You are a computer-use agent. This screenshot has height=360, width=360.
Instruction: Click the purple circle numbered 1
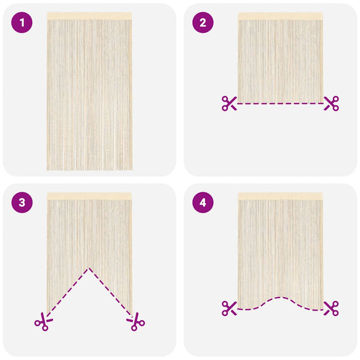pyautogui.click(x=22, y=23)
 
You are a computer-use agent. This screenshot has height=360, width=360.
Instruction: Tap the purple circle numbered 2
pyautogui.click(x=203, y=23)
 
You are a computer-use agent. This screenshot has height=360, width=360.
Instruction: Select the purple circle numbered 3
pyautogui.click(x=22, y=203)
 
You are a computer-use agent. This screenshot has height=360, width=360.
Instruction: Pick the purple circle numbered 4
pyautogui.click(x=203, y=203)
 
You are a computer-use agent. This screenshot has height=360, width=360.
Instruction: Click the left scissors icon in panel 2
pyautogui.click(x=229, y=103)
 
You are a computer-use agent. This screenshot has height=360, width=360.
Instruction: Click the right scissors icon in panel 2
pyautogui.click(x=331, y=103)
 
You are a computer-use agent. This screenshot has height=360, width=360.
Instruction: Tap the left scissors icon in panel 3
pyautogui.click(x=44, y=321)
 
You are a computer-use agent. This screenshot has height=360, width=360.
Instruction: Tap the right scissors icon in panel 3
pyautogui.click(x=136, y=321)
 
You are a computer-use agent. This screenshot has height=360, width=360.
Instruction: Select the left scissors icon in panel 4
pyautogui.click(x=229, y=309)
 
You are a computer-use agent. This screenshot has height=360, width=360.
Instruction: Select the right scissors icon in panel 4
pyautogui.click(x=331, y=309)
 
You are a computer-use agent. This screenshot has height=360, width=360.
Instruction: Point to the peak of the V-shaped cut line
pyautogui.click(x=89, y=268)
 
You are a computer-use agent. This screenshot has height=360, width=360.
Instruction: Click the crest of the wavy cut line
pyautogui.click(x=280, y=298)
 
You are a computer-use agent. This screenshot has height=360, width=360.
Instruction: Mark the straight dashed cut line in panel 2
pyautogui.click(x=280, y=103)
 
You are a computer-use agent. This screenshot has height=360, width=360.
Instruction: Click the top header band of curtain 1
pyautogui.click(x=89, y=16)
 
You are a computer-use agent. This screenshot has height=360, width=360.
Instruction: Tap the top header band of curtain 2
pyautogui.click(x=280, y=16)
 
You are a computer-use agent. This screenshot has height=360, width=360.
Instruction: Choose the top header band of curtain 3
pyautogui.click(x=89, y=196)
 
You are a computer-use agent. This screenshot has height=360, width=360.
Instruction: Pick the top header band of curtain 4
pyautogui.click(x=280, y=196)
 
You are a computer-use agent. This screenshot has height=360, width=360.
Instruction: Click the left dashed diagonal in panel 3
pyautogui.click(x=68, y=292)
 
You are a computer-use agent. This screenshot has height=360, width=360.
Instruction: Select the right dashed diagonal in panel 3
pyautogui.click(x=111, y=292)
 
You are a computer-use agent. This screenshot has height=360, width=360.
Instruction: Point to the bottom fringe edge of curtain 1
pyautogui.click(x=89, y=169)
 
